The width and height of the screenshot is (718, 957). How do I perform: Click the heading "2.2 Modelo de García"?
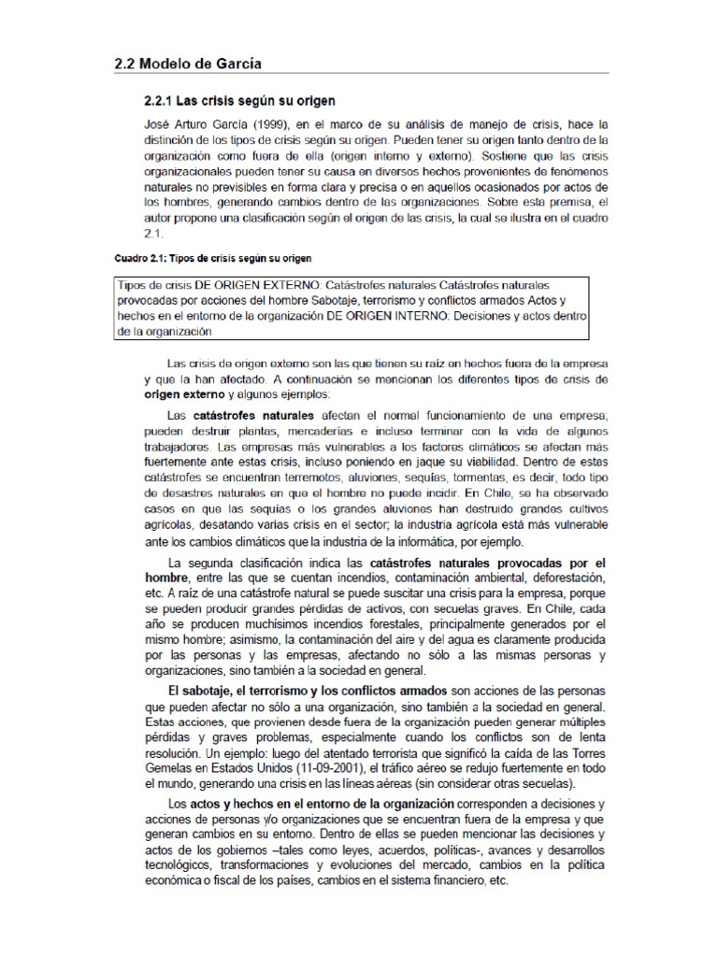point(187,64)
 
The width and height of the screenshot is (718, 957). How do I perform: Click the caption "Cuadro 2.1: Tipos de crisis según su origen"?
point(213,257)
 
